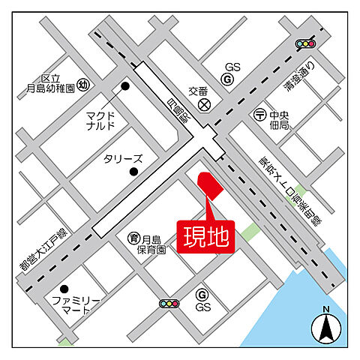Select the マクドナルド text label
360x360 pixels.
(x=100, y=121)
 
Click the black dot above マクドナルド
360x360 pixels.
(x=125, y=86)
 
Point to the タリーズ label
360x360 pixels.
(x=122, y=159)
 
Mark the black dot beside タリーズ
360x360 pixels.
(x=133, y=172)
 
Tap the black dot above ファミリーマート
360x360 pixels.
(x=64, y=289)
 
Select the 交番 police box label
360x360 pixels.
(x=197, y=91)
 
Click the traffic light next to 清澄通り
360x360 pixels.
(x=306, y=44)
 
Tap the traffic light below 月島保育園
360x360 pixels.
(x=169, y=304)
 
